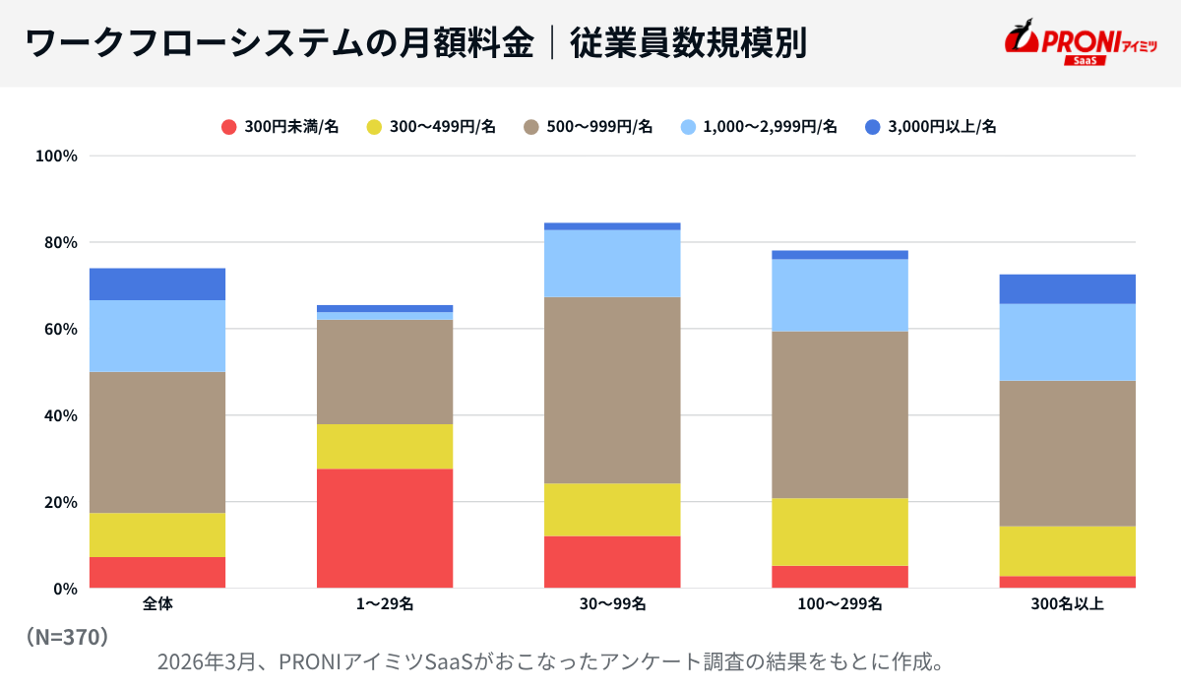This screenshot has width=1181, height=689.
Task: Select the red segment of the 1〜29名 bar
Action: click(x=385, y=529)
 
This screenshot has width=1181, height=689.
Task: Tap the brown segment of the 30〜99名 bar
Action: click(x=612, y=390)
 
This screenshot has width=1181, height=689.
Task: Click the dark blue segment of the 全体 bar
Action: click(x=157, y=284)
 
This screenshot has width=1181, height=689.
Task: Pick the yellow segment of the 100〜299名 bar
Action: click(x=839, y=532)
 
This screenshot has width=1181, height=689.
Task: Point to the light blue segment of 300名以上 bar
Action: click(x=1068, y=343)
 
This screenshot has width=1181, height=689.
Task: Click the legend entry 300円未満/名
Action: click(x=280, y=126)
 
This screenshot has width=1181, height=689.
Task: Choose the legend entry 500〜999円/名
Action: click(x=588, y=126)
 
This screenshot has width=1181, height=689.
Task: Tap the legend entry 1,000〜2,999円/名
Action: click(x=759, y=126)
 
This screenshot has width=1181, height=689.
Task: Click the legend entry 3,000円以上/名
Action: click(x=931, y=126)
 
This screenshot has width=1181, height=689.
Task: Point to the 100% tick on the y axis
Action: click(x=56, y=156)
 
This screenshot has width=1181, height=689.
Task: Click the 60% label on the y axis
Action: click(x=59, y=329)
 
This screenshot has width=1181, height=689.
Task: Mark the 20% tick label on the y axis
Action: click(x=59, y=502)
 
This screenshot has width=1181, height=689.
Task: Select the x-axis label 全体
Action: click(x=157, y=604)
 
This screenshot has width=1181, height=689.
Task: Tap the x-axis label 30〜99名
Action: click(x=612, y=604)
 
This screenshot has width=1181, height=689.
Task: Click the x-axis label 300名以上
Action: click(x=1068, y=604)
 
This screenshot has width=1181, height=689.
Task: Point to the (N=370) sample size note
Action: click(x=67, y=637)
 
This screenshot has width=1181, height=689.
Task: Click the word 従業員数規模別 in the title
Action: click(x=688, y=43)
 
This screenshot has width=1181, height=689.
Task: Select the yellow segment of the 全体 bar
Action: click(x=157, y=534)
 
